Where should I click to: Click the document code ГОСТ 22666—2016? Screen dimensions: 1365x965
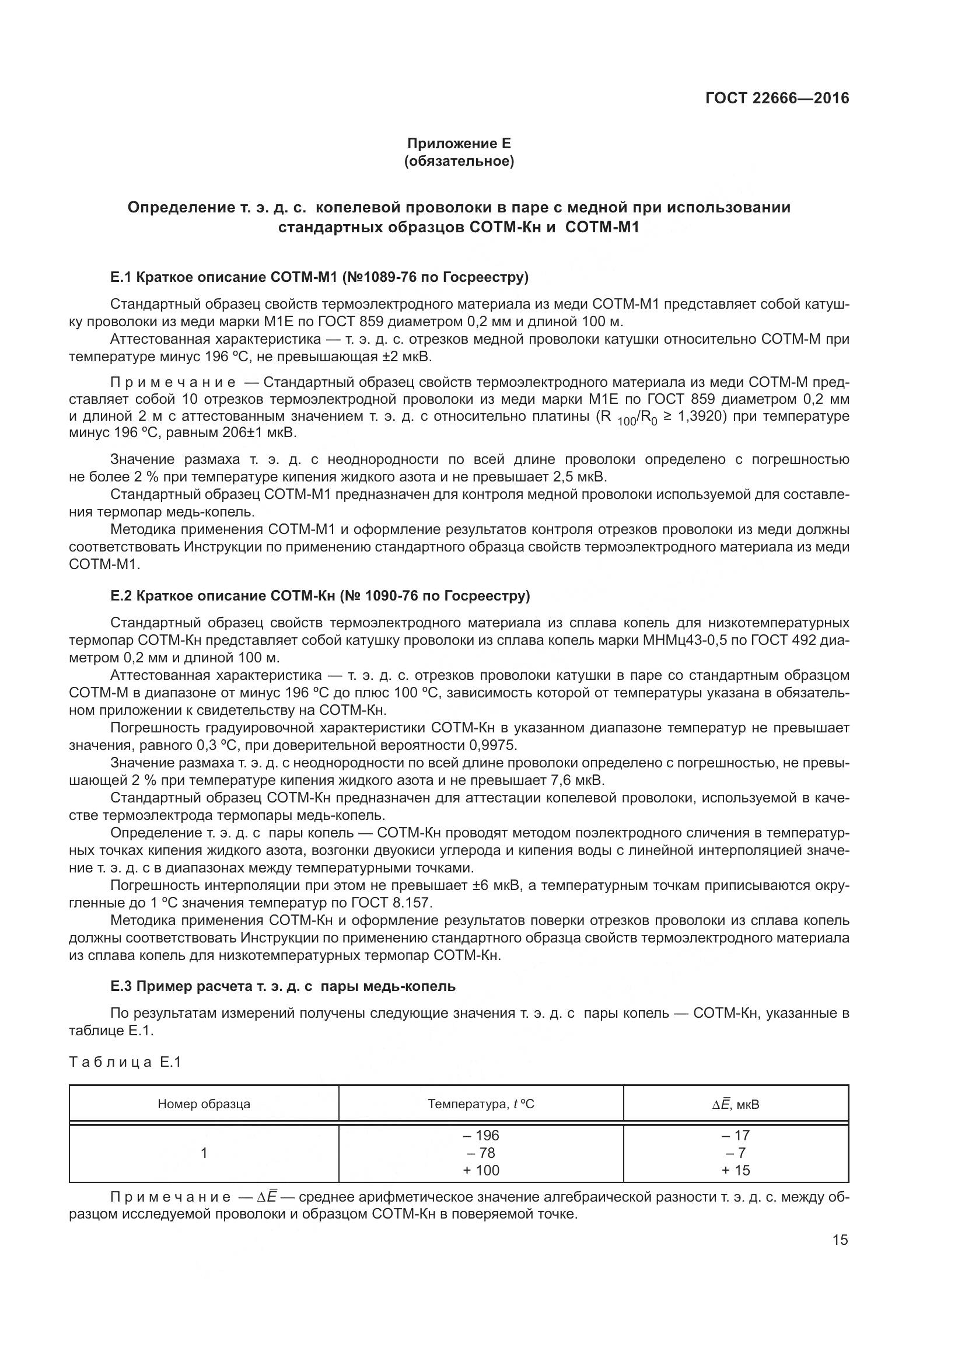point(777,99)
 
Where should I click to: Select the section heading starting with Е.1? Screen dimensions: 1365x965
point(319,277)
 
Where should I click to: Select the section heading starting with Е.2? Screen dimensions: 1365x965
point(320,596)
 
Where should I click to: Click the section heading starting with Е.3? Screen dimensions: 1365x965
point(283,986)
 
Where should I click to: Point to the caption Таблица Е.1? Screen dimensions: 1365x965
point(125,1062)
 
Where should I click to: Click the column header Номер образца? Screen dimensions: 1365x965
point(204,1104)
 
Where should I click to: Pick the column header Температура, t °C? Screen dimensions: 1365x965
point(481,1104)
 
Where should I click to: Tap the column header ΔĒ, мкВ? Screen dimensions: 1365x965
point(736,1105)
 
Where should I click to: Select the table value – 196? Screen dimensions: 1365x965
point(481,1136)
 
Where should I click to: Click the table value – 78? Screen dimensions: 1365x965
point(481,1153)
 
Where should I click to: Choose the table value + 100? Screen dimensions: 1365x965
point(481,1171)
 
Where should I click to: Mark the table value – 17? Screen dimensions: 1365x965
point(736,1136)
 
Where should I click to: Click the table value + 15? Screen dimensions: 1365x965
point(736,1171)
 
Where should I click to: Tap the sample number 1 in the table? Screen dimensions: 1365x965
point(204,1153)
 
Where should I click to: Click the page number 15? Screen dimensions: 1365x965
point(840,1240)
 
